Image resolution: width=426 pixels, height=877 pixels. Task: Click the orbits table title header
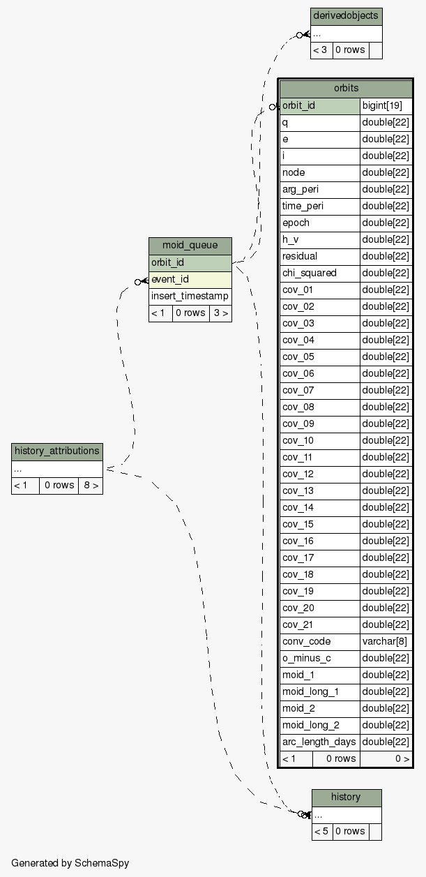[346, 89]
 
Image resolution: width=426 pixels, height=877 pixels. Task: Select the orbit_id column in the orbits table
[319, 105]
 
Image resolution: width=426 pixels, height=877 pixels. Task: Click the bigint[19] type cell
[386, 105]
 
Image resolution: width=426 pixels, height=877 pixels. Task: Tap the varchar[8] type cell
[386, 641]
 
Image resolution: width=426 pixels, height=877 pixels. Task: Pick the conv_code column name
[319, 641]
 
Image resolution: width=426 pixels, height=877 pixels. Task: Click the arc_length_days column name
[319, 742]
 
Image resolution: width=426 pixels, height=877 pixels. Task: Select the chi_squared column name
[319, 273]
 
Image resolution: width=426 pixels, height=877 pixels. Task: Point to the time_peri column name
[319, 206]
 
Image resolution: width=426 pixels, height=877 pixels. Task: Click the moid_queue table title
[190, 246]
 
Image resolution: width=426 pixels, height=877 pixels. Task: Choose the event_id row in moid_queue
[190, 279]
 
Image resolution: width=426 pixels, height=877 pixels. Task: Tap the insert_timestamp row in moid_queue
[190, 296]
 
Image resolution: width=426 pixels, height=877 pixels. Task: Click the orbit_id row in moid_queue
[190, 262]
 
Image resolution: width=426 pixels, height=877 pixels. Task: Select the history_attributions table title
[57, 451]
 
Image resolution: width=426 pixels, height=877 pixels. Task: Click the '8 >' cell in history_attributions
[91, 485]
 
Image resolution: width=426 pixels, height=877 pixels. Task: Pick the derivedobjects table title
[346, 15]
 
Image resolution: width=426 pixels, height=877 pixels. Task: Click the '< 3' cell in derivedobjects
[321, 50]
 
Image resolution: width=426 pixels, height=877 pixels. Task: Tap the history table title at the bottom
[346, 797]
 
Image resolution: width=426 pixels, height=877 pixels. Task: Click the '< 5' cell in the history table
[321, 831]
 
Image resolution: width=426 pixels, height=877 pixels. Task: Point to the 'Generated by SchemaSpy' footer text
[70, 863]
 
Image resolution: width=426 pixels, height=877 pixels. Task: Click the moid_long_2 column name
[319, 725]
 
